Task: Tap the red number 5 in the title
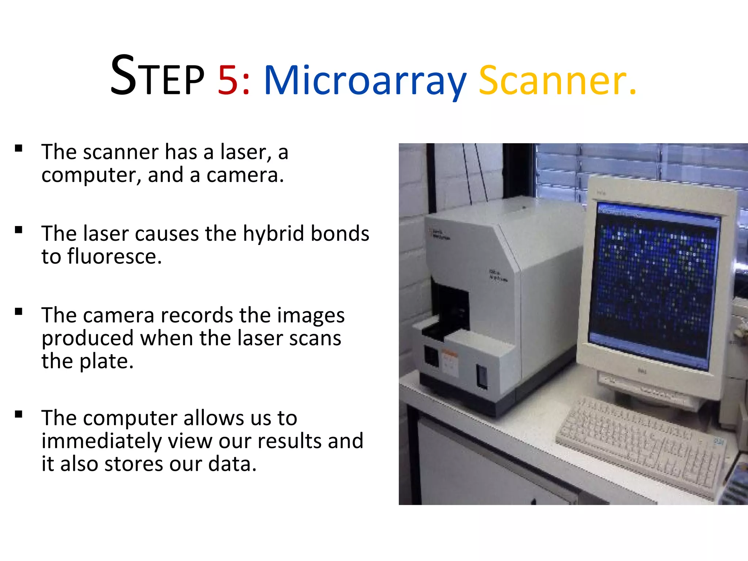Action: pos(228,80)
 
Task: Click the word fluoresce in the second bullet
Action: pos(114,256)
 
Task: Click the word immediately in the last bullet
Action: pos(101,441)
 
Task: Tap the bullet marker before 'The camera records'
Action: pos(19,312)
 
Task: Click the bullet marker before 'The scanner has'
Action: pos(19,148)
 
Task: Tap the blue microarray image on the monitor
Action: pos(654,281)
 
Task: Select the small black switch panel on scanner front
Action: pos(482,376)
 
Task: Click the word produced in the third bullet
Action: pos(88,339)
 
